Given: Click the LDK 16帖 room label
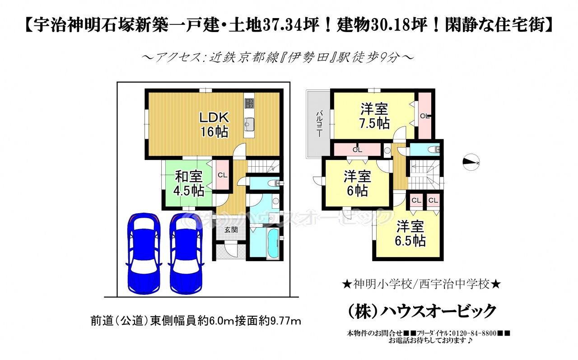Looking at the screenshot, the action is (x=214, y=125).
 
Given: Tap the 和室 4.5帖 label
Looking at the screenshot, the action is (x=188, y=184).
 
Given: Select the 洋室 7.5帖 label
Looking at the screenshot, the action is (x=374, y=116).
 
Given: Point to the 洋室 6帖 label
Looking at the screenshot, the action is (x=357, y=184).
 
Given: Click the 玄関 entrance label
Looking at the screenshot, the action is (x=231, y=229).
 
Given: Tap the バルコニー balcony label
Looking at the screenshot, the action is (x=319, y=124).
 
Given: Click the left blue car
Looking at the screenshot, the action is (x=144, y=253).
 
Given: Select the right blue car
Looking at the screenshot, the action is (x=186, y=253).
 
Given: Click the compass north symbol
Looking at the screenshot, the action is (x=471, y=162).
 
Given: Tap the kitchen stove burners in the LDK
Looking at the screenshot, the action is (x=249, y=103).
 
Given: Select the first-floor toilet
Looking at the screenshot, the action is (x=274, y=183).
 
